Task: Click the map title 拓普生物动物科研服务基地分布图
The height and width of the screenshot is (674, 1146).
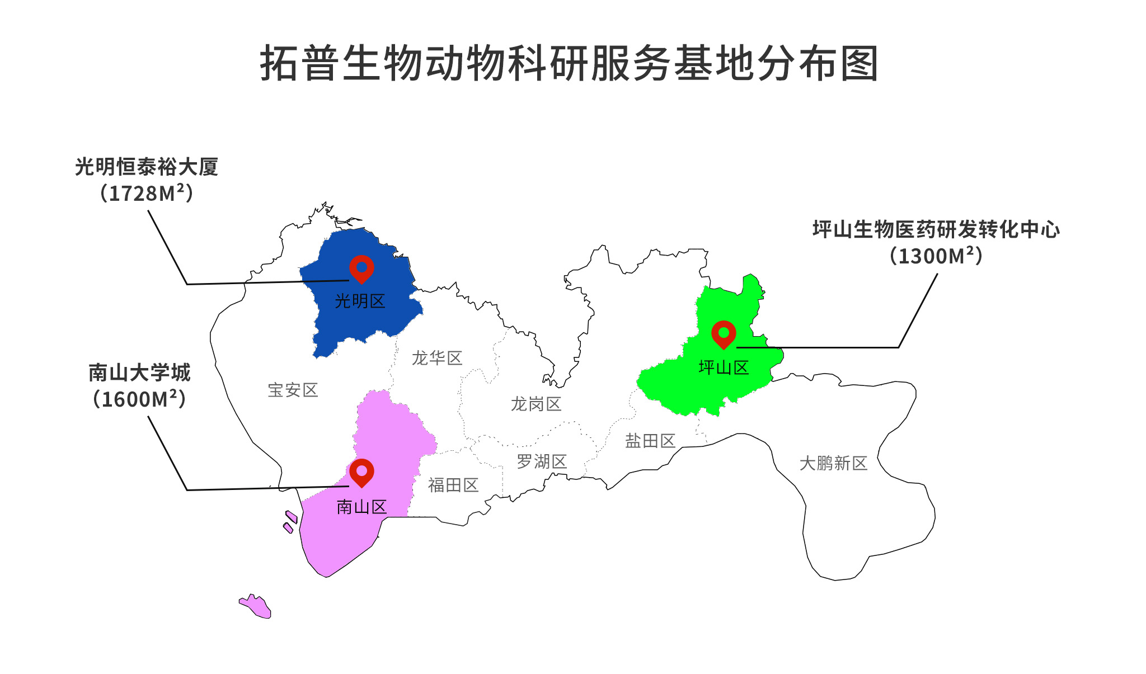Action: tap(569, 63)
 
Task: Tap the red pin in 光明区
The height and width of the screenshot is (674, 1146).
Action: tap(361, 268)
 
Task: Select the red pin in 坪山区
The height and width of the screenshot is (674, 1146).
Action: tap(724, 334)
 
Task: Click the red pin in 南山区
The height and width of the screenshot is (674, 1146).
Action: tap(361, 472)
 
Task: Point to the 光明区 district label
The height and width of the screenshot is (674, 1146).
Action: tap(360, 301)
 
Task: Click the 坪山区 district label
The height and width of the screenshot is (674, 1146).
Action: tap(724, 367)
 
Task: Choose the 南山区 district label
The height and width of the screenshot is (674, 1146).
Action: tap(361, 507)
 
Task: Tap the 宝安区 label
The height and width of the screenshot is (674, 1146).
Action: tap(293, 390)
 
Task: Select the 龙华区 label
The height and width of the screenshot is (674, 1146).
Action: tap(437, 358)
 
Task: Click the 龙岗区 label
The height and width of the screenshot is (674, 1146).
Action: tap(536, 404)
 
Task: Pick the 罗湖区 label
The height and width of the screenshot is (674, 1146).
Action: tap(542, 461)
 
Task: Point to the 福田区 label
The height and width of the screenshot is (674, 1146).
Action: tap(453, 485)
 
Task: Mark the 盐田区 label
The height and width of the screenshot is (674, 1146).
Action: tap(650, 441)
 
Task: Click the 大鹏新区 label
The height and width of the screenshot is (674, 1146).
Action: tap(833, 463)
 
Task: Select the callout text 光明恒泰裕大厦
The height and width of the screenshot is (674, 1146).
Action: tap(147, 167)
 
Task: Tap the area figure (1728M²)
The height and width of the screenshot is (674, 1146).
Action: tap(147, 193)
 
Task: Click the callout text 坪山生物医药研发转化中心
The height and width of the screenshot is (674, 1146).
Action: tap(936, 229)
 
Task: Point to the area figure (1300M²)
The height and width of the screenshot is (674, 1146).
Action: tap(936, 256)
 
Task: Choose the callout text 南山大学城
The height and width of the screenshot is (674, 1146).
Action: tap(139, 373)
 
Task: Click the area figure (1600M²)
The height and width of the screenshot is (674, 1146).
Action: tap(139, 399)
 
